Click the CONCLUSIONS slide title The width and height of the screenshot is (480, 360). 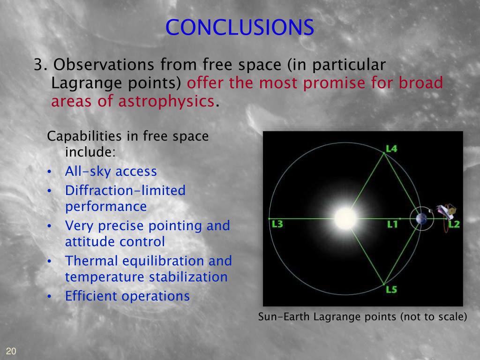pos(240,27)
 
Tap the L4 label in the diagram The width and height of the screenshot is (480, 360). pos(391,149)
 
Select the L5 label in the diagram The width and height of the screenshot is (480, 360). pos(391,289)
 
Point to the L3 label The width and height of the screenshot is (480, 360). pos(277,224)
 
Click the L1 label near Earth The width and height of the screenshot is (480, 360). pos(392,225)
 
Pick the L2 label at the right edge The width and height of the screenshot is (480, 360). pos(454,225)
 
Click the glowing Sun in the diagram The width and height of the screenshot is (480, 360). pos(345,218)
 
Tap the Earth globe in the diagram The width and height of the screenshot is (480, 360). pos(421,218)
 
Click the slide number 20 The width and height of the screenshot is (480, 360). pos(11,351)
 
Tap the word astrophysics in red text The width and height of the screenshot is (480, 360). pos(166,101)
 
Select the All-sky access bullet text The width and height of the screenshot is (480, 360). pos(111,172)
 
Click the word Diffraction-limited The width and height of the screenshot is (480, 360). pos(125,190)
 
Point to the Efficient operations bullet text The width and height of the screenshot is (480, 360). pos(127,296)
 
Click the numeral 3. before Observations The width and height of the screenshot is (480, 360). pos(40,65)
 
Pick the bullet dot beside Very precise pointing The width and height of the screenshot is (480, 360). pos(49,226)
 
